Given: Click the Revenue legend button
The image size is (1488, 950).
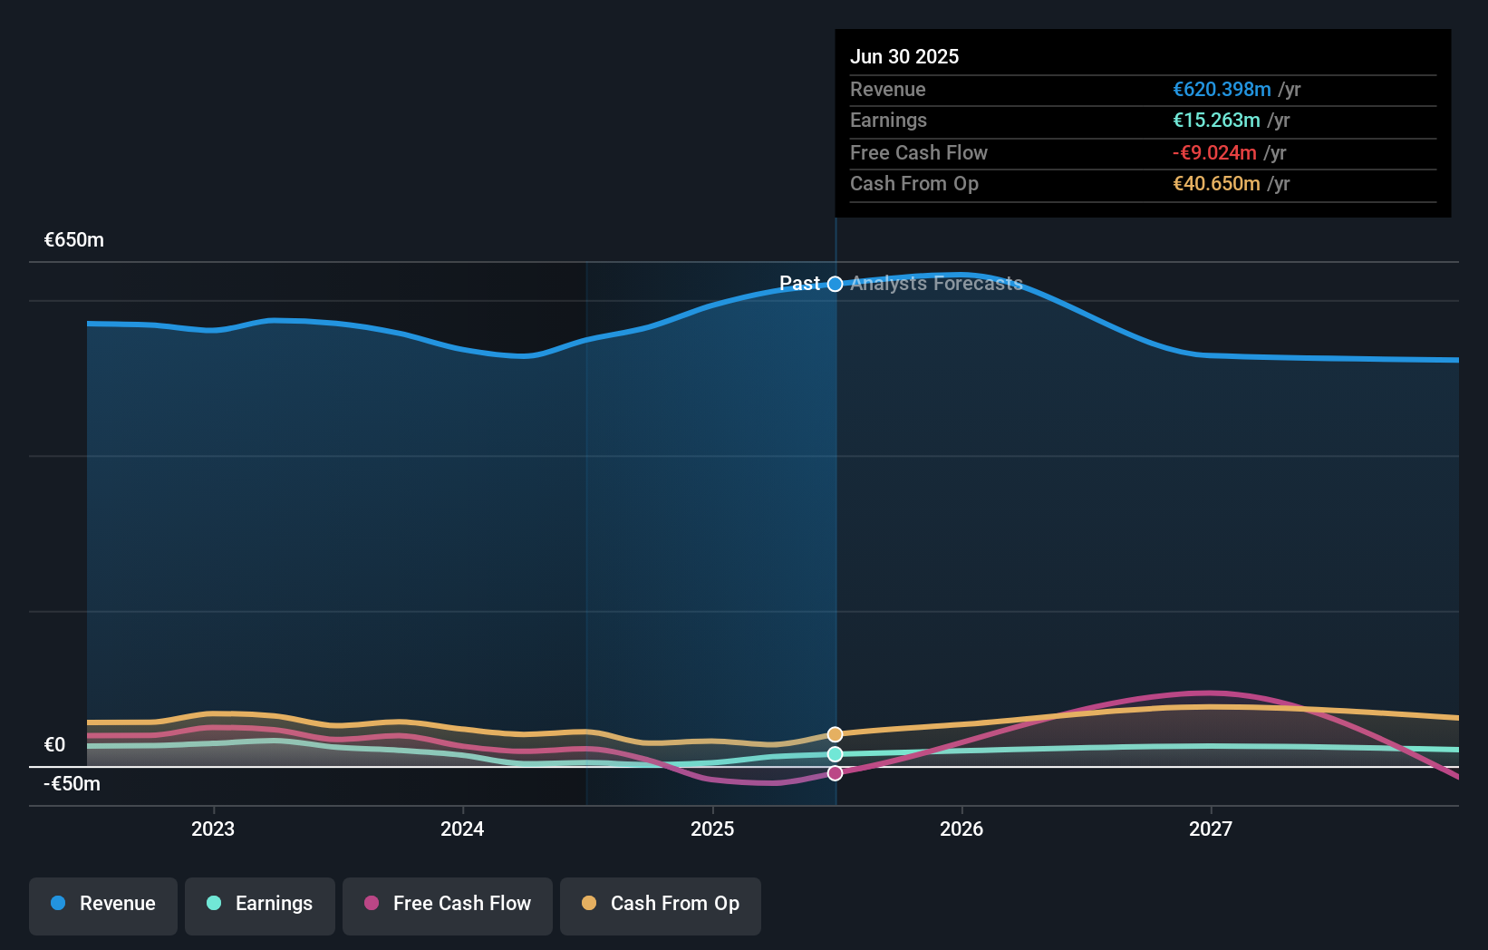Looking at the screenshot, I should pyautogui.click(x=103, y=904).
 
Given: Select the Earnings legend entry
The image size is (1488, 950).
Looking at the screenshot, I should pyautogui.click(x=260, y=904).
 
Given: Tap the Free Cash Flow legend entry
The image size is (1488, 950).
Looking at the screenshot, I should pyautogui.click(x=448, y=904).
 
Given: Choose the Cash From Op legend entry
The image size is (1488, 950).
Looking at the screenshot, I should pyautogui.click(x=661, y=904).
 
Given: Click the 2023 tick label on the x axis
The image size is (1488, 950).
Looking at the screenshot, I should pyautogui.click(x=213, y=829).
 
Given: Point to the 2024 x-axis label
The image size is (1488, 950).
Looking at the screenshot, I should pyautogui.click(x=462, y=829).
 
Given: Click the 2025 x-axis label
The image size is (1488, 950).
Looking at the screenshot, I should pyautogui.click(x=712, y=829).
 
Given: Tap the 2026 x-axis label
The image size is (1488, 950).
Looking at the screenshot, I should pyautogui.click(x=961, y=829).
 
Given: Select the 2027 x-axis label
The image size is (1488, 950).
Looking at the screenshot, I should pyautogui.click(x=1211, y=829).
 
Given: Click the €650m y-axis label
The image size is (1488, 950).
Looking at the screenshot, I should pyautogui.click(x=74, y=240).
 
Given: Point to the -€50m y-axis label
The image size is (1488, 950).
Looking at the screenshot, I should pyautogui.click(x=72, y=784).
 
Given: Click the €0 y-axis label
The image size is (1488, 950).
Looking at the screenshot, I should pyautogui.click(x=55, y=745).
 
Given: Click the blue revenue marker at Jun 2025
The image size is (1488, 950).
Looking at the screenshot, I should pyautogui.click(x=836, y=284).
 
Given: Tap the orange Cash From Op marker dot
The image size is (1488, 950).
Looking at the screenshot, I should pyautogui.click(x=836, y=734).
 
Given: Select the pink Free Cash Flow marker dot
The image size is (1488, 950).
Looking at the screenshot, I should pyautogui.click(x=836, y=773).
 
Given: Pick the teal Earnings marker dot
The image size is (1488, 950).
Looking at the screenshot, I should pyautogui.click(x=836, y=754).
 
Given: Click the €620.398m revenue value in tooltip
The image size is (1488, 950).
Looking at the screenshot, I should pyautogui.click(x=1222, y=90).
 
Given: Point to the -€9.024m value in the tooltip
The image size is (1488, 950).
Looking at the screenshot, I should pyautogui.click(x=1214, y=153).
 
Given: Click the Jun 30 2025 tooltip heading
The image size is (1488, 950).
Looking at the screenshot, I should pyautogui.click(x=904, y=56).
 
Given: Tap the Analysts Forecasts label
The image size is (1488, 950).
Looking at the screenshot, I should pyautogui.click(x=936, y=284).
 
